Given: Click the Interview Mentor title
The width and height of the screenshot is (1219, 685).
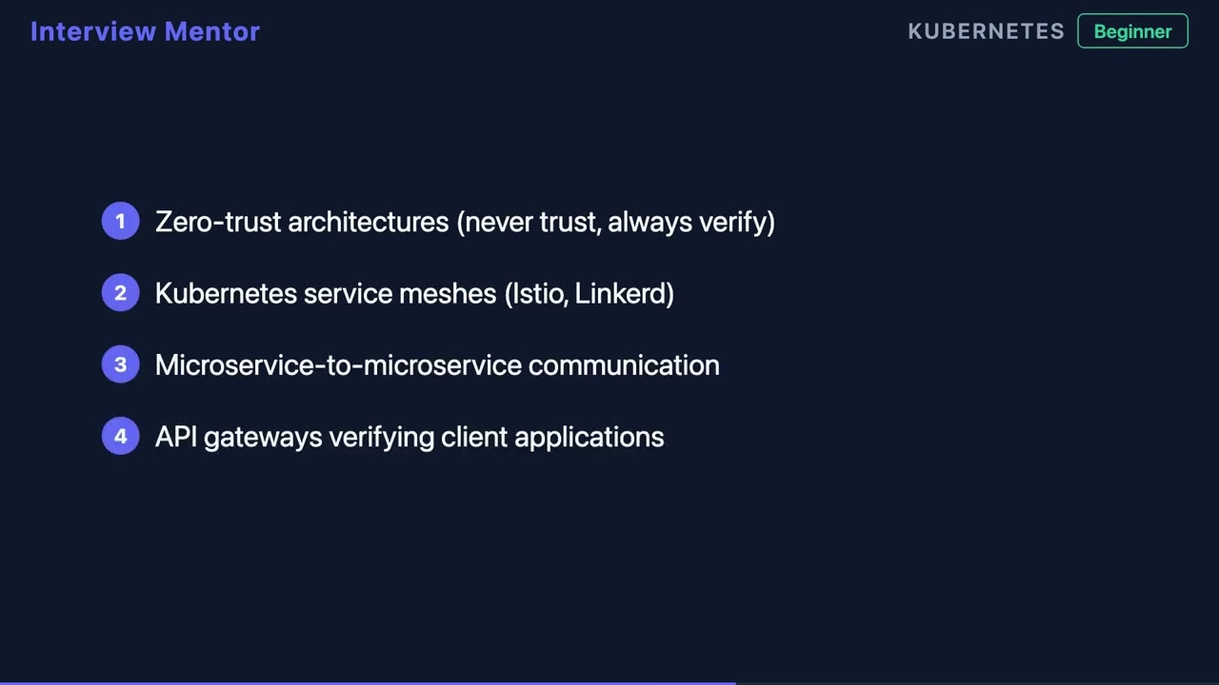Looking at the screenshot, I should (145, 31).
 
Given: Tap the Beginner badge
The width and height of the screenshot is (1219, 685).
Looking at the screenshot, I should (1132, 31).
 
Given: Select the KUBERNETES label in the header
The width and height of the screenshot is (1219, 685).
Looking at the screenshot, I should (986, 31).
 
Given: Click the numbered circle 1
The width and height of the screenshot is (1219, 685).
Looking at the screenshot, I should (120, 222).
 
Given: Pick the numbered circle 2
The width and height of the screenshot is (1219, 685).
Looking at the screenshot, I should (120, 293).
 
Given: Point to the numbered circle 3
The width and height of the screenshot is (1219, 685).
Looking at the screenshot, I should (120, 364).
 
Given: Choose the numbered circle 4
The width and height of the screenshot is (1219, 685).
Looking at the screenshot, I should (120, 437).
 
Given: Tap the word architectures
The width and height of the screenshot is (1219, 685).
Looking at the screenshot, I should (368, 222).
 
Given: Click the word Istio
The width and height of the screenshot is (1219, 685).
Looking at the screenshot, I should (539, 293).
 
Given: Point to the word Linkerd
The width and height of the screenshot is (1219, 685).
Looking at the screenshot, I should (623, 293).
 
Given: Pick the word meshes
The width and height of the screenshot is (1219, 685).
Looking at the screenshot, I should (448, 293).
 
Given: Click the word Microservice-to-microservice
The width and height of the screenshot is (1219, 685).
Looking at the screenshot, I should (338, 364).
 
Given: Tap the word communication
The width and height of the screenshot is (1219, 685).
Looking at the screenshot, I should (624, 364).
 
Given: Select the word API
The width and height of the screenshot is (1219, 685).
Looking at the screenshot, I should (175, 437).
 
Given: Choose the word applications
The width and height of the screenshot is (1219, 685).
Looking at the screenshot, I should (589, 437).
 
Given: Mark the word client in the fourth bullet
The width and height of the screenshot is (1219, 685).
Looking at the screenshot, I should (474, 437).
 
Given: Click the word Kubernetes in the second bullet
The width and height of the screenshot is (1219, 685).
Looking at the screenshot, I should (226, 293).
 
